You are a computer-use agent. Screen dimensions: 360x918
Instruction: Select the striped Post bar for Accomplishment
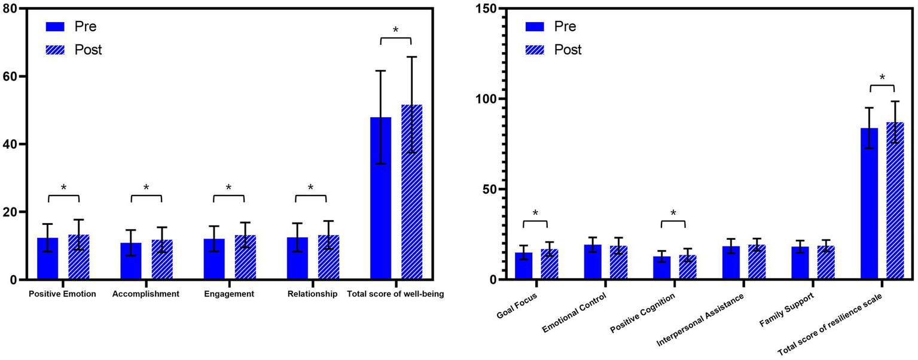[162, 260]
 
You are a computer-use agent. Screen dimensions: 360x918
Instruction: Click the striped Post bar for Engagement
[245, 257]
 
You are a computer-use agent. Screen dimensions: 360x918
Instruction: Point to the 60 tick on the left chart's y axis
[14, 77]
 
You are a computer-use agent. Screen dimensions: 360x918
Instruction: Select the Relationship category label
[312, 294]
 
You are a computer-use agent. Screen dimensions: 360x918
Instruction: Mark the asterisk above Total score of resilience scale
[882, 77]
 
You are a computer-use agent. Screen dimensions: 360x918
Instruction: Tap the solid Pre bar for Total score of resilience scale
[869, 204]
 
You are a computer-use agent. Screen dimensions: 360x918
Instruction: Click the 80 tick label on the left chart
[14, 8]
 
